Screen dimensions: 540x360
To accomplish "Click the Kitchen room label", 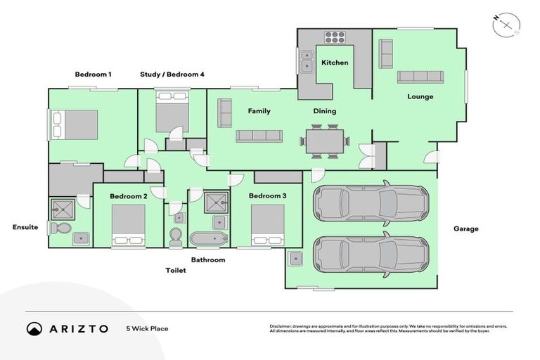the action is [335, 63].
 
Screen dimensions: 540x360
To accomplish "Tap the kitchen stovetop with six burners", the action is [335, 37].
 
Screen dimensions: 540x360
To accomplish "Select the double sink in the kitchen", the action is [306, 61].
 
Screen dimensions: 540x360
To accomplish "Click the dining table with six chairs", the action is [325, 141].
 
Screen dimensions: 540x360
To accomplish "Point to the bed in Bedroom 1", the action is [75, 124].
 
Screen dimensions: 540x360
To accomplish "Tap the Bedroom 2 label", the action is [129, 196].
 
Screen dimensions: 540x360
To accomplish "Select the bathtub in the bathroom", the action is [209, 239].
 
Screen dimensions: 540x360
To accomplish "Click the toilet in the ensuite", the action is [60, 228].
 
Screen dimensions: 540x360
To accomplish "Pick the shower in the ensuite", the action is [63, 209].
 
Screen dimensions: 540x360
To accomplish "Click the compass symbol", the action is [506, 25].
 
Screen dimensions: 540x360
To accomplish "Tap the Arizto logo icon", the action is [34, 328].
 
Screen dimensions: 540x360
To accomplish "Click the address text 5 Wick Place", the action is [147, 328].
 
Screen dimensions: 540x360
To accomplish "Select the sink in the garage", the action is [296, 259].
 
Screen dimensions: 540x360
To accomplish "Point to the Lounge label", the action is [420, 96].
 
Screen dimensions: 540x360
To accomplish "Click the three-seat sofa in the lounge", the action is [420, 77].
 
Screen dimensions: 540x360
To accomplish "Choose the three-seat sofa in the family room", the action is [259, 136].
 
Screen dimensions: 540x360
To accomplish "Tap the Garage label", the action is [465, 229].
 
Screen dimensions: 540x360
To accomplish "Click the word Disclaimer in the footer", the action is [280, 326].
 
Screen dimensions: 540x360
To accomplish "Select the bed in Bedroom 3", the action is [268, 225].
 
